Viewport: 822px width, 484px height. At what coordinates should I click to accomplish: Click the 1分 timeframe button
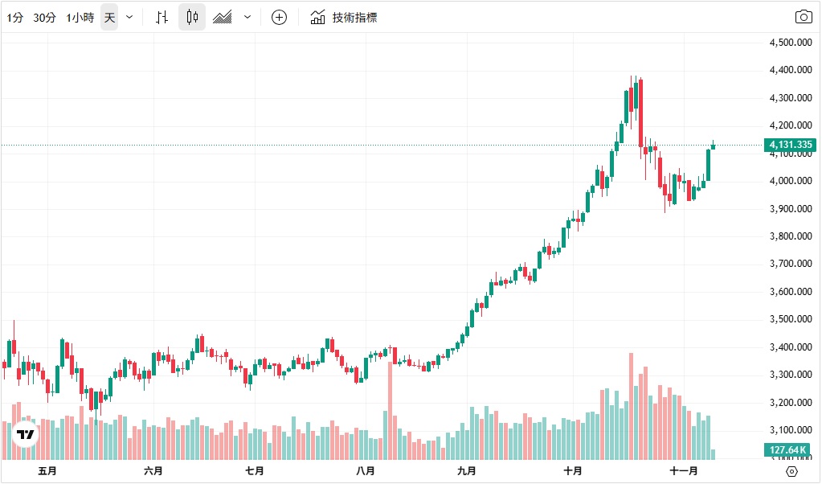point(14,17)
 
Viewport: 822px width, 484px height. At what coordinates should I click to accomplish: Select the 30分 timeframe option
point(44,17)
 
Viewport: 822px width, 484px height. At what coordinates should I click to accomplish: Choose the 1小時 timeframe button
point(80,17)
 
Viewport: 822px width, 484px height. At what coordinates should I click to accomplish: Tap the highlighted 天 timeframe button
point(109,17)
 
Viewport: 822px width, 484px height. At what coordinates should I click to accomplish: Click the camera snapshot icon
point(803,17)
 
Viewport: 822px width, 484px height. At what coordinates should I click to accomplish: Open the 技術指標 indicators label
point(354,17)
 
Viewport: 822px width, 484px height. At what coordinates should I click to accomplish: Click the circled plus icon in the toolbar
point(279,17)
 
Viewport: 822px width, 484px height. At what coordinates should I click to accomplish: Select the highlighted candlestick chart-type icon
point(191,17)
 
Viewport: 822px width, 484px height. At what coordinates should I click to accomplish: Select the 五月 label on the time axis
point(47,471)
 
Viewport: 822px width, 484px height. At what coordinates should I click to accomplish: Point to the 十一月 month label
point(683,471)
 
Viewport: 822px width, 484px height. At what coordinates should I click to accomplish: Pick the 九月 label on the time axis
point(466,471)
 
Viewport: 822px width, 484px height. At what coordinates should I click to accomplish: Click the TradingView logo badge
point(26,434)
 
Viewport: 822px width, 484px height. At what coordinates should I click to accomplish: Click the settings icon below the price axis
point(791,471)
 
